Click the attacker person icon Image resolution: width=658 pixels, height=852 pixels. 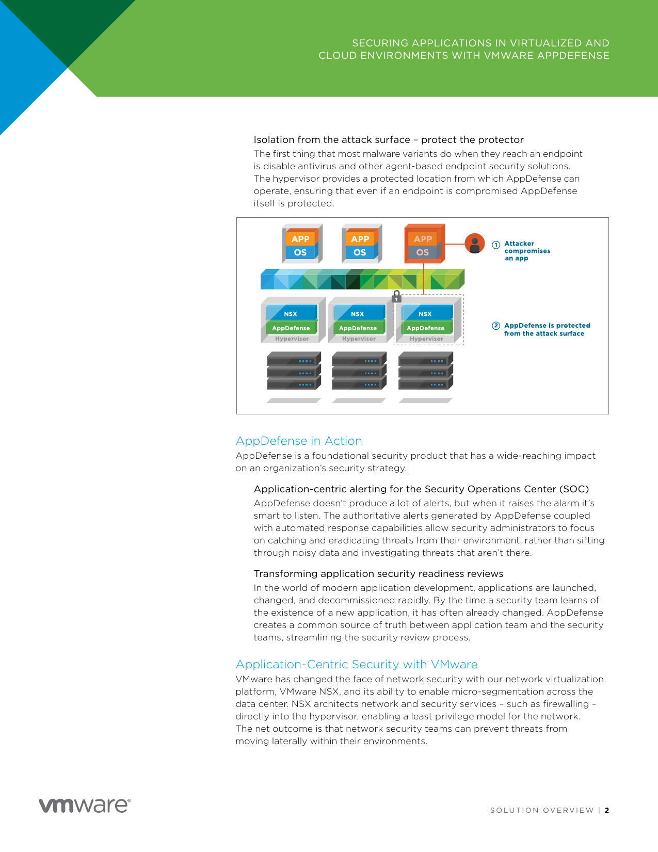click(475, 244)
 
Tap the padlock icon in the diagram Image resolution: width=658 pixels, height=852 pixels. click(397, 296)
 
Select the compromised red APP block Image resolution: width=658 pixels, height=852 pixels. click(423, 239)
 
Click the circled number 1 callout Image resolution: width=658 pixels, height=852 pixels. click(496, 245)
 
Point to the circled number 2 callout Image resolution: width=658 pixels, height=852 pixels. click(496, 326)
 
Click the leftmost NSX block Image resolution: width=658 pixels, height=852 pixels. click(291, 314)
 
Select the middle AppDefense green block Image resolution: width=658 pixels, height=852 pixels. click(358, 328)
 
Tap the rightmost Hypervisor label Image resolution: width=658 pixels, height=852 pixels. click(427, 339)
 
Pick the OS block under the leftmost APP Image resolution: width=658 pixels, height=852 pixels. click(300, 252)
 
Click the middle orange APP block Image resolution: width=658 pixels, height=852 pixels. click(360, 239)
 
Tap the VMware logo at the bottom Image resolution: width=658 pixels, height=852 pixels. click(85, 805)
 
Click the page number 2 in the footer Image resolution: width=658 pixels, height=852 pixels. click(607, 810)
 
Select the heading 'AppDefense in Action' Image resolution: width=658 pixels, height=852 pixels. click(299, 441)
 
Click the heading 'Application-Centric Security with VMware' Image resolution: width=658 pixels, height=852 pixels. click(357, 664)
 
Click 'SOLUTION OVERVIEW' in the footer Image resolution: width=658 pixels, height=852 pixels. click(542, 810)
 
